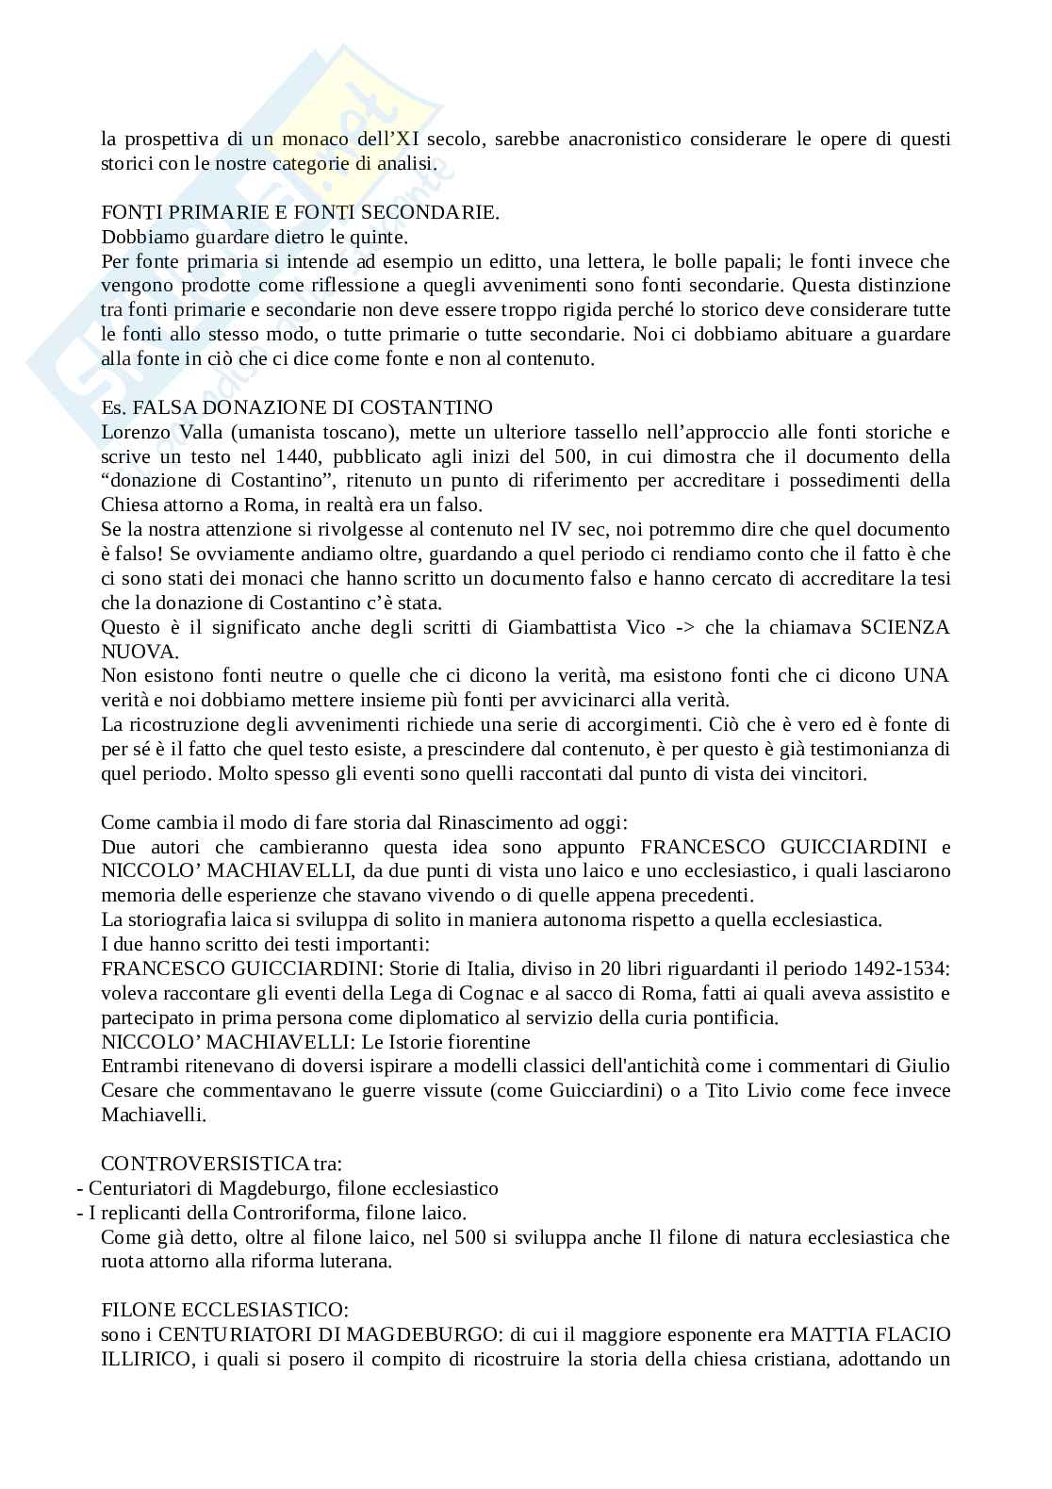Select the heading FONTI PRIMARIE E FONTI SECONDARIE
tap(300, 212)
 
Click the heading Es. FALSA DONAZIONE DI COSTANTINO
tap(296, 407)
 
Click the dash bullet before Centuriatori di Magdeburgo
tap(80, 1188)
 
